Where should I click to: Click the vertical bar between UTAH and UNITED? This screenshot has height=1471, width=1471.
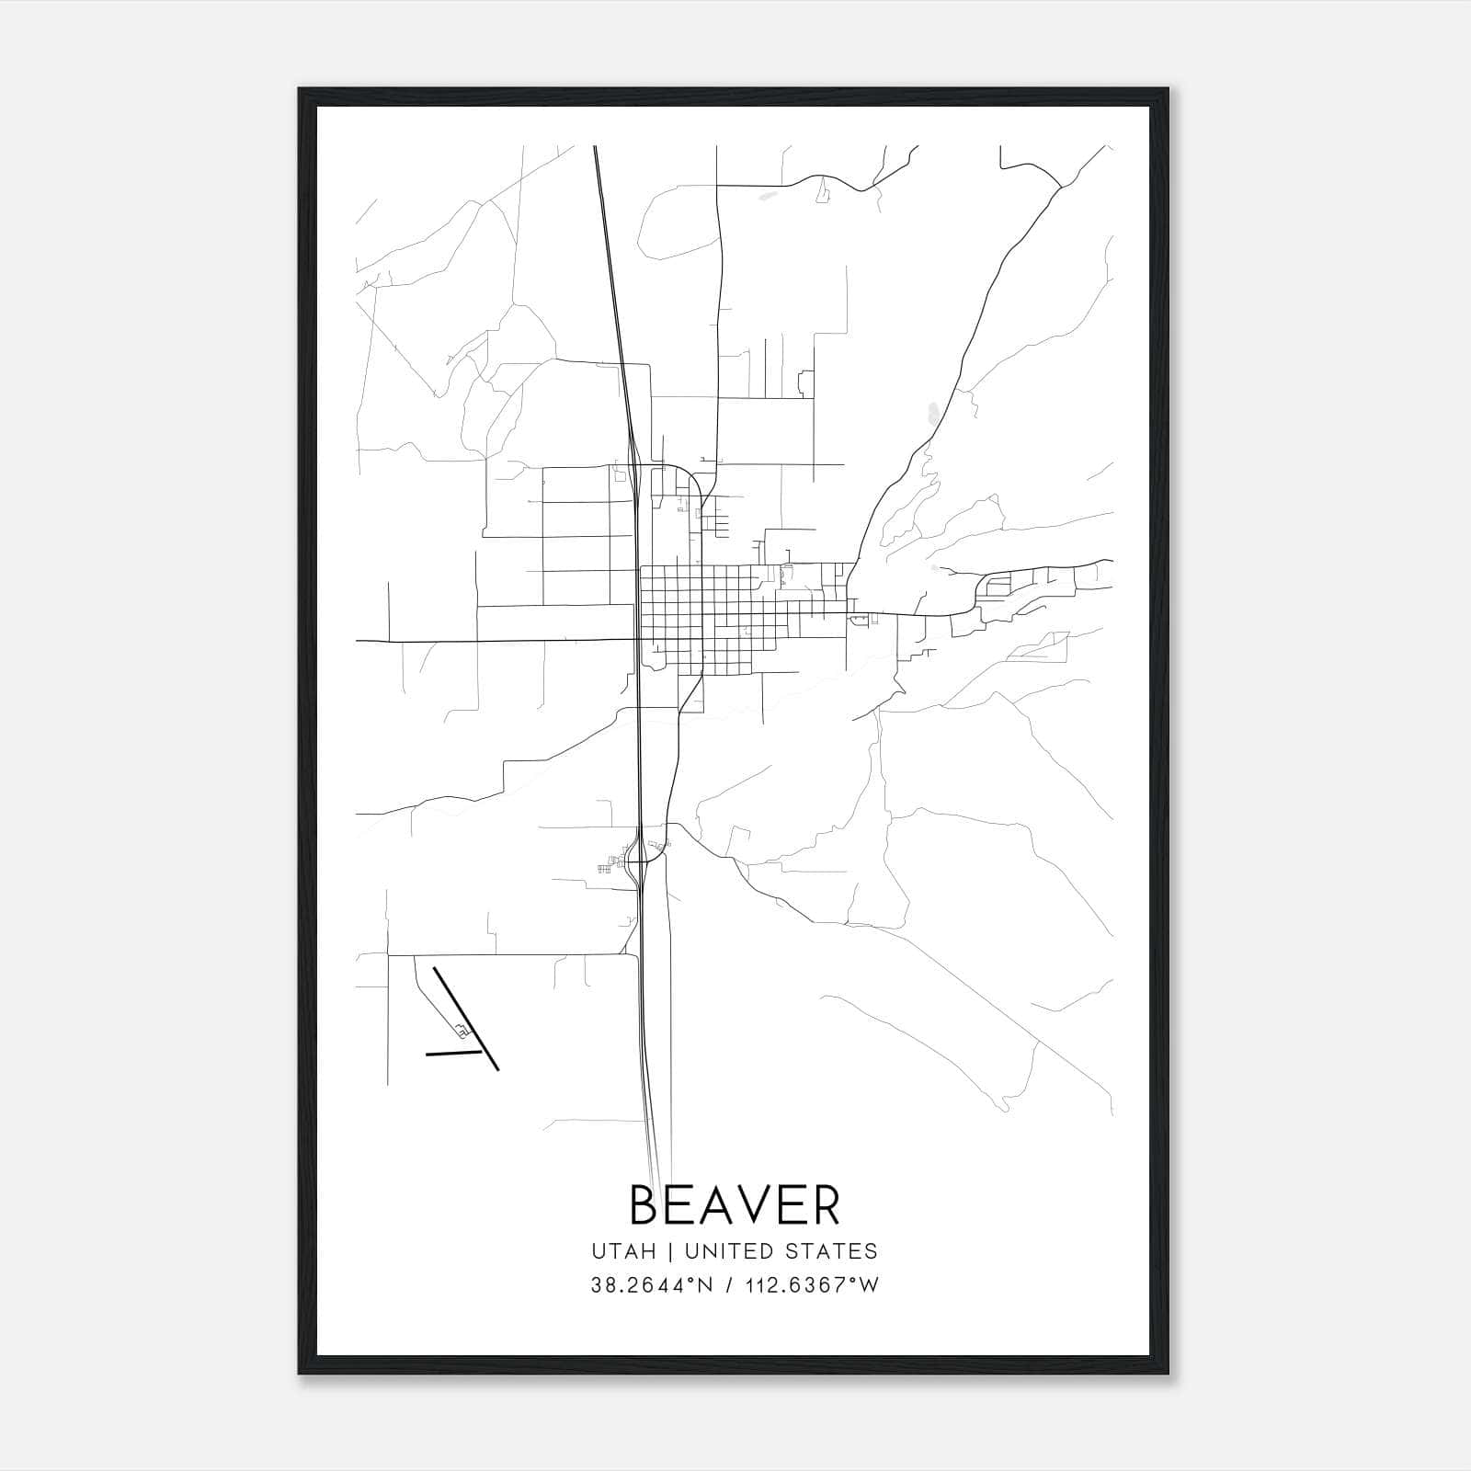[x=670, y=1251]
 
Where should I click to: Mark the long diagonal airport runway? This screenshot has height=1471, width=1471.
[x=465, y=1018]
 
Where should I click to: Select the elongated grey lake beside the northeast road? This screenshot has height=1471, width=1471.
[x=933, y=413]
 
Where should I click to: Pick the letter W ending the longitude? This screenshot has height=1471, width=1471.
[x=870, y=1285]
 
